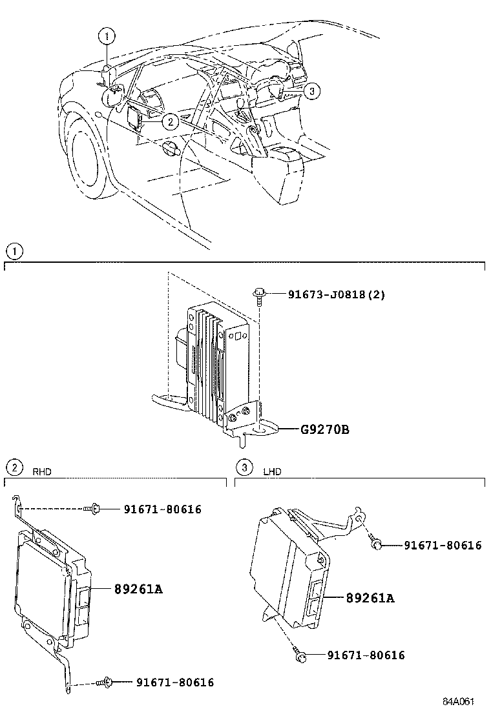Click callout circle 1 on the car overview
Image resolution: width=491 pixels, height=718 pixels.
point(108,36)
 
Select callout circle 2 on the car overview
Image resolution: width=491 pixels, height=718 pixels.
point(169,120)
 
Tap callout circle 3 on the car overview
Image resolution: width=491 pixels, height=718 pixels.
point(311,92)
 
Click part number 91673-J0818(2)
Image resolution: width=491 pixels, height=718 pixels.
point(328,294)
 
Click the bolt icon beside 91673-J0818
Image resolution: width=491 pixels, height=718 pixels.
point(260,294)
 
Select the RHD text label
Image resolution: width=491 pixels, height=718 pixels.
point(41,471)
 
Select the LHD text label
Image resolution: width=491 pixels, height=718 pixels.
point(272,471)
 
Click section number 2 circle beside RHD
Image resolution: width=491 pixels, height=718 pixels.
point(12,467)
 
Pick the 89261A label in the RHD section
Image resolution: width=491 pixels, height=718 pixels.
point(138,589)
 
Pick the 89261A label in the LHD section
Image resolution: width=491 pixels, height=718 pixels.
point(370,598)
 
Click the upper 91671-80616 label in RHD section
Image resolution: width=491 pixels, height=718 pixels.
point(162,509)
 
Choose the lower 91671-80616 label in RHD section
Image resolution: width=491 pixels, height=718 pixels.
point(174,682)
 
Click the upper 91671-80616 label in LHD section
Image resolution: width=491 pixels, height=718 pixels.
point(443,546)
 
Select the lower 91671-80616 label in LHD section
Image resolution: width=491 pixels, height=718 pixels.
point(366,655)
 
